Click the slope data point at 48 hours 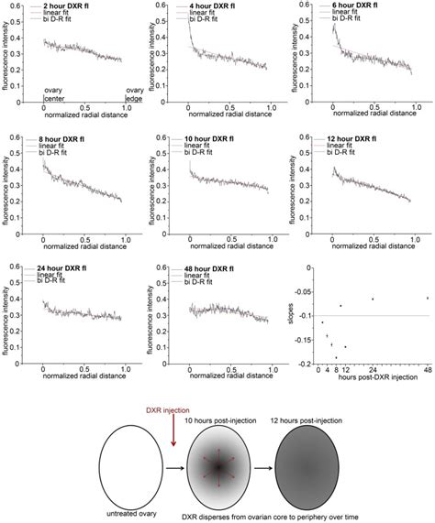click(x=428, y=298)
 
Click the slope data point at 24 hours click(x=372, y=300)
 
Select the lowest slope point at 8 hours click(x=336, y=357)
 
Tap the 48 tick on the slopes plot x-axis click(x=427, y=369)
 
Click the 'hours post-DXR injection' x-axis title click(x=373, y=379)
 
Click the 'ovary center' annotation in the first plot click(x=56, y=94)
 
